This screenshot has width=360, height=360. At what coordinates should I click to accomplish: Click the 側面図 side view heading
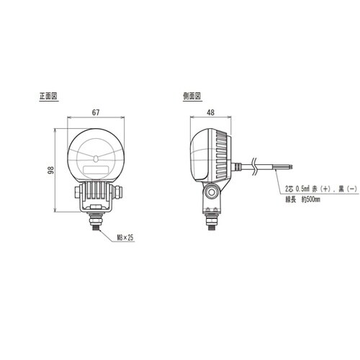[x=193, y=95]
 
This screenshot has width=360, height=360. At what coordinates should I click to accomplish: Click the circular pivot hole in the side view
[x=211, y=192]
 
